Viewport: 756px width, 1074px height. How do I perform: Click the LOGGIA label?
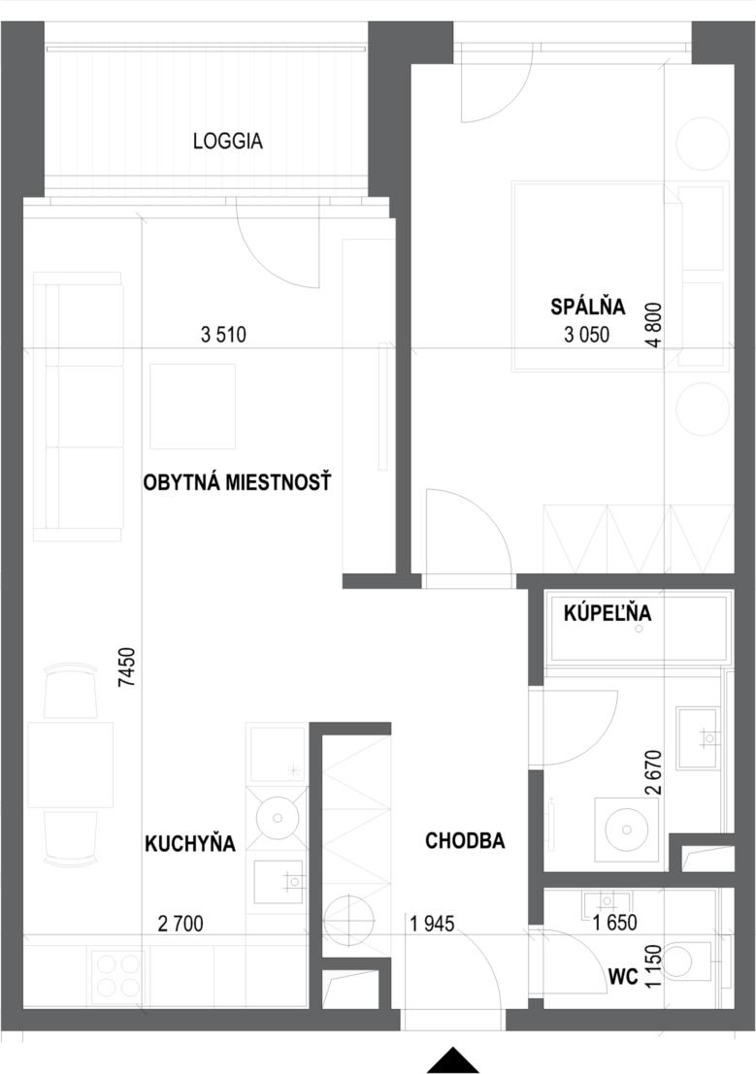coord(227,141)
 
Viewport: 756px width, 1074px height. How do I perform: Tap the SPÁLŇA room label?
coord(588,307)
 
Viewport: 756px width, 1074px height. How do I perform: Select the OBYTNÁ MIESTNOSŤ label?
coord(237,482)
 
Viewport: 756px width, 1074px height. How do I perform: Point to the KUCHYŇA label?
coord(190,843)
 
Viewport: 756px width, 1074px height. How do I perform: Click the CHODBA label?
coord(465,840)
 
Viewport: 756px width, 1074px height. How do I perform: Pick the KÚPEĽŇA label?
coord(608,613)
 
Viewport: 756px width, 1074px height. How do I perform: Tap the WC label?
coord(623,977)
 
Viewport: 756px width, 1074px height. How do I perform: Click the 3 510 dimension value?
coord(223,335)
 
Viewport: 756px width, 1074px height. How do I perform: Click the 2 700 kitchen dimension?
coord(181,924)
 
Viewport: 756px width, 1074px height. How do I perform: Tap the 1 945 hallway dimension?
coord(432,924)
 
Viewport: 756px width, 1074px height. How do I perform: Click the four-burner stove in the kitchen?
coord(116,976)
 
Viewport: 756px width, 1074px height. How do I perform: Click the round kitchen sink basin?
coord(278,818)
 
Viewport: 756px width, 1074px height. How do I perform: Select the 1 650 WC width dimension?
coord(615,923)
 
